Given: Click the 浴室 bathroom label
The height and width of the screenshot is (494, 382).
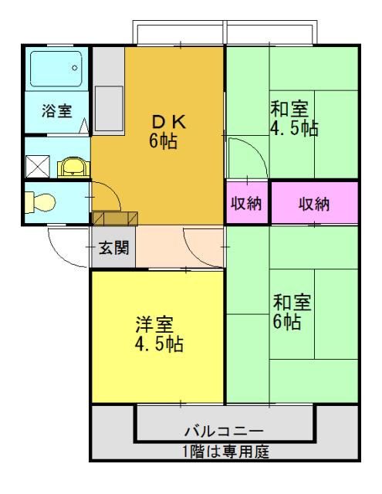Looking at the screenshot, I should (x=57, y=110).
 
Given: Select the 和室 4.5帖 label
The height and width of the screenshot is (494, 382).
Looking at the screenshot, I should (x=293, y=119).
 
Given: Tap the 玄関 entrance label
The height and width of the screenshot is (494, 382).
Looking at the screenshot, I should (x=113, y=249).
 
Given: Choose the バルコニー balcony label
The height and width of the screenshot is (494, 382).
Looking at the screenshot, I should (x=224, y=430).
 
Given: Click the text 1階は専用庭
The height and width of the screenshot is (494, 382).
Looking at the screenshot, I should (x=225, y=451).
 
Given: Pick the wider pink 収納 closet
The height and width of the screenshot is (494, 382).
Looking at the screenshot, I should (x=314, y=204).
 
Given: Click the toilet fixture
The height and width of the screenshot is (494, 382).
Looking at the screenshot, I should (x=41, y=202).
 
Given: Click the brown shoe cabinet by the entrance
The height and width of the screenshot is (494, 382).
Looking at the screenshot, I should (x=115, y=218).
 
